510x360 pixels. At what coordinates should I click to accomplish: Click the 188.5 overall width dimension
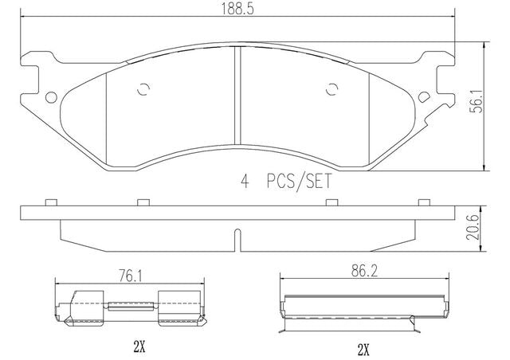(x=237, y=9)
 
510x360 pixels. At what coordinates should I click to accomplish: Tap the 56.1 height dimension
(x=477, y=102)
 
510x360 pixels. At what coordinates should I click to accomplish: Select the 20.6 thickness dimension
(x=473, y=227)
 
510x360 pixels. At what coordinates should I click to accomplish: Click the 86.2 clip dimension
(x=365, y=272)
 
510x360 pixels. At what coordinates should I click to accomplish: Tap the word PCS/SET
(x=299, y=181)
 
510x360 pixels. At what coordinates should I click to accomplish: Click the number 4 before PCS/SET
(x=245, y=181)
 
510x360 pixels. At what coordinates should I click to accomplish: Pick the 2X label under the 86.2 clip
(x=363, y=350)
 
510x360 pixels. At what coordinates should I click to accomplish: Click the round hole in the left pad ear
(x=51, y=97)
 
